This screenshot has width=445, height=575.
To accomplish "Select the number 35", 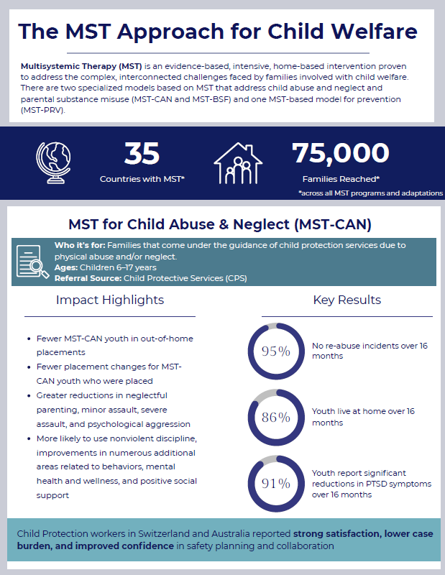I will pos(142,153).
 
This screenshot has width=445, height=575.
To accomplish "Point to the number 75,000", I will pos(340,152).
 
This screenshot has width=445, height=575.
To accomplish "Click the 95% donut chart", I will pos(275,351).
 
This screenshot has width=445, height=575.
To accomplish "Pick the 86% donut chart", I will pos(275,416).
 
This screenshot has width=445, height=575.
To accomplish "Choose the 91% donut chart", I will pos(275,482).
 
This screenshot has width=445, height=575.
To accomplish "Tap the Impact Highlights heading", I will pos(110,300).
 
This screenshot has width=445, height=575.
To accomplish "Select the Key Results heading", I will pos(347,300).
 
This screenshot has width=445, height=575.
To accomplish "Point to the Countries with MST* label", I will pos(142,178).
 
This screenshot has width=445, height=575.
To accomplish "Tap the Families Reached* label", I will pos(341,178).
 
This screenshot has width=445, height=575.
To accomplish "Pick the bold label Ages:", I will pos(67,266).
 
